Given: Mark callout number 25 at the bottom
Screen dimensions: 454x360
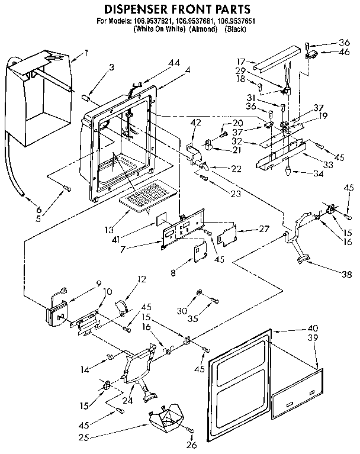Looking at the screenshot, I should tap(137, 439).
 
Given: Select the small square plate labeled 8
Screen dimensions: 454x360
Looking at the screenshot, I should tap(198, 252).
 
